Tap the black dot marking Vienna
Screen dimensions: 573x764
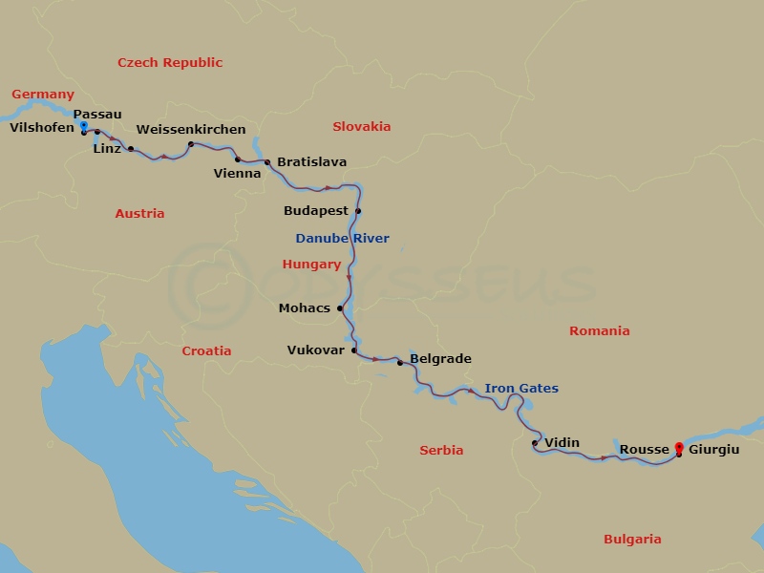tap(238, 159)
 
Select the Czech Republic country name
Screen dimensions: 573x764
tap(170, 63)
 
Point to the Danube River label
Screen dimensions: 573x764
tap(342, 239)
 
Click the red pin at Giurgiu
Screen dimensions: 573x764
tap(679, 446)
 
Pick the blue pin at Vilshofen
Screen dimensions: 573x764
tap(84, 126)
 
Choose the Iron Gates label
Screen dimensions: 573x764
tap(521, 389)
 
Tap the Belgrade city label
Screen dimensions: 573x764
tap(440, 360)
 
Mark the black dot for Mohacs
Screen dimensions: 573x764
tap(340, 308)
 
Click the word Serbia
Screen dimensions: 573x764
tap(441, 451)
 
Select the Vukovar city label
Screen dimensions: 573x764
tap(315, 350)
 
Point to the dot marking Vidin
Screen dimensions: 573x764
tap(535, 443)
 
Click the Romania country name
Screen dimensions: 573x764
tap(600, 331)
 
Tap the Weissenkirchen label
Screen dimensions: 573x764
tap(191, 130)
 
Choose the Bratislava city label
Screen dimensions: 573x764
tap(312, 162)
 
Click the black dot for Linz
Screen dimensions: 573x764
tap(131, 149)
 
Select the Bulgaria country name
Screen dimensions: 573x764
tap(632, 540)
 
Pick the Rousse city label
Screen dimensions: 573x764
tap(644, 449)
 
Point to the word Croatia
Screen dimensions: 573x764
tap(206, 351)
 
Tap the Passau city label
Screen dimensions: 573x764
tap(97, 115)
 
